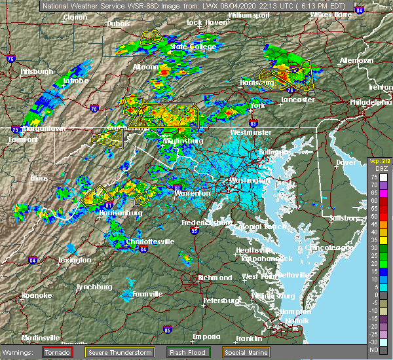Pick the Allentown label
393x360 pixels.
(x=356, y=60)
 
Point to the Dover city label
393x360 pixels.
(x=346, y=162)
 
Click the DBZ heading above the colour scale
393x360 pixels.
(x=377, y=171)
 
